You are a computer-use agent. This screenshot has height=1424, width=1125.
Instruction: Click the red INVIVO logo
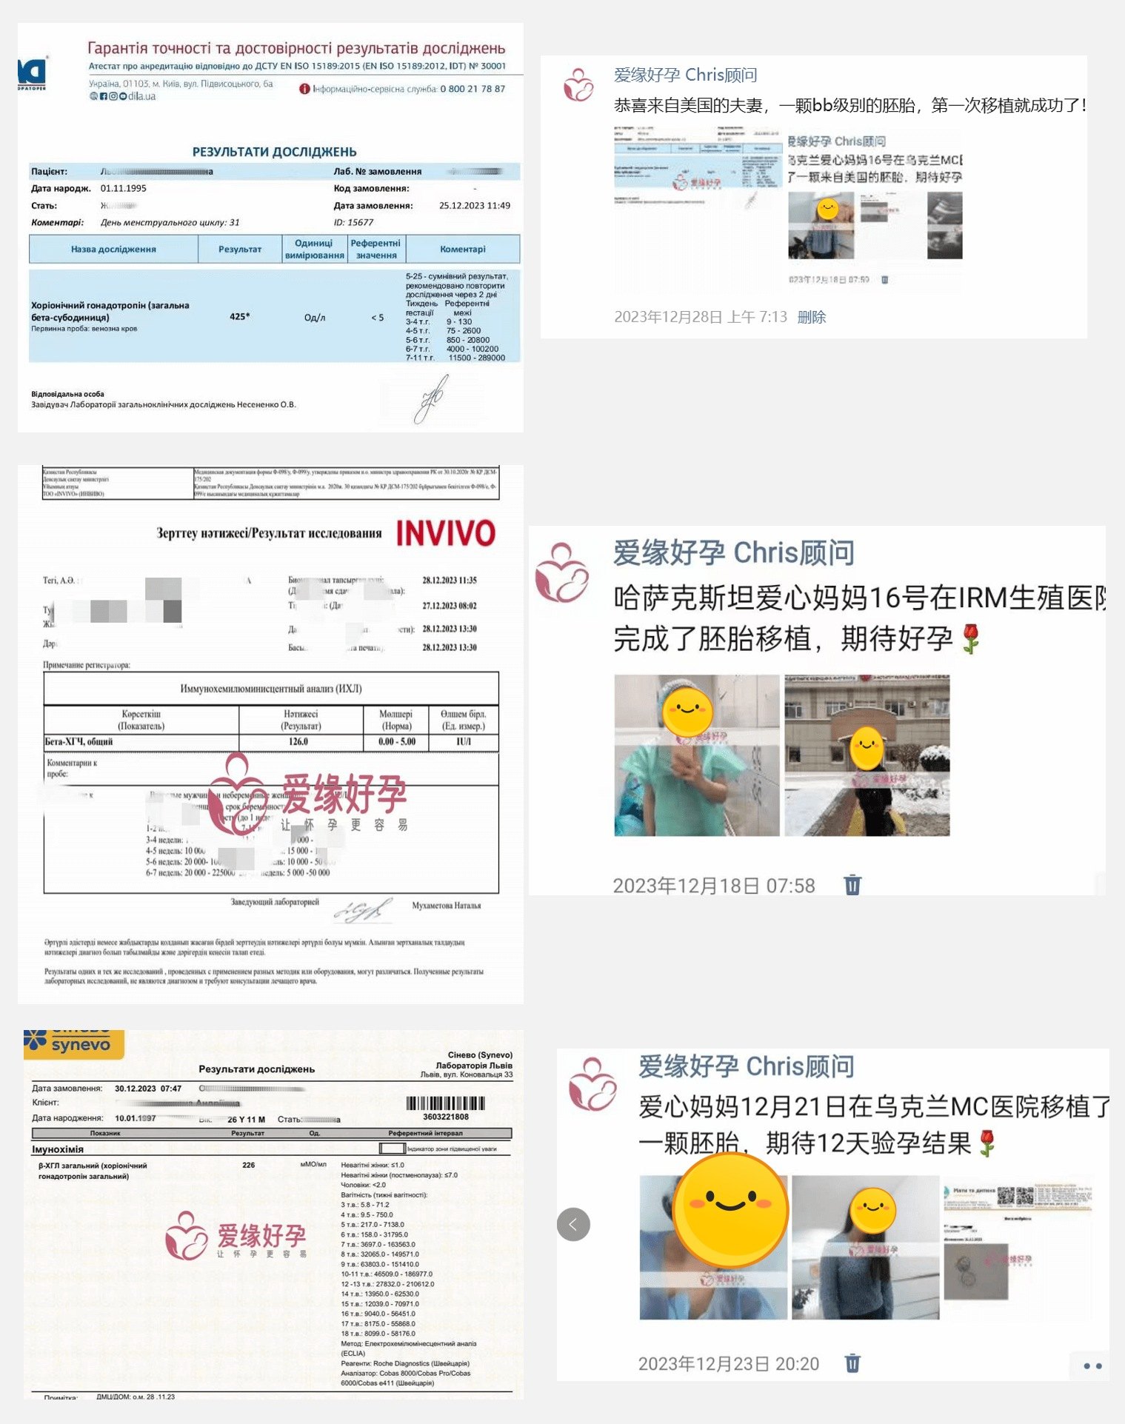pos(445,533)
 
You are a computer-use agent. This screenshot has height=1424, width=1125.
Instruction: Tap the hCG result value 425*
pos(239,317)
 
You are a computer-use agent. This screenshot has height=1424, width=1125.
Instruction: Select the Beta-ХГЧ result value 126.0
pos(298,741)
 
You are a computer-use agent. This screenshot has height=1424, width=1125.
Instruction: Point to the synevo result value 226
pos(248,1165)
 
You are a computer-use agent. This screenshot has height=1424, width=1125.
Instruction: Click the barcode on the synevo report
pos(445,1103)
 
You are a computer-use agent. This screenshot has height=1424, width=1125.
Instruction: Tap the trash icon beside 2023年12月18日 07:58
pos(852,885)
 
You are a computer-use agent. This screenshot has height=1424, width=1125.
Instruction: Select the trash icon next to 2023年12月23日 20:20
pos(852,1363)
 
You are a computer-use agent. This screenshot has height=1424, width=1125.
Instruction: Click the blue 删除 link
pos(812,317)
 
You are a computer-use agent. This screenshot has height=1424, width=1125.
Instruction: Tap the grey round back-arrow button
pos(573,1224)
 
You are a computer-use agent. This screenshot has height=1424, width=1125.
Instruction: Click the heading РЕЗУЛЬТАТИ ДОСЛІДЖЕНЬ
pos(274,152)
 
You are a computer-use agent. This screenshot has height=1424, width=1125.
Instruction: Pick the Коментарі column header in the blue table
pos(463,250)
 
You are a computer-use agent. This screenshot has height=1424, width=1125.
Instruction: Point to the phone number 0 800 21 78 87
pos(473,89)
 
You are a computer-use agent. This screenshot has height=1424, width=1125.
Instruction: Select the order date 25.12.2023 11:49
pos(475,206)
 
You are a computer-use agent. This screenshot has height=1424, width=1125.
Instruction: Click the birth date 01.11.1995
pos(124,189)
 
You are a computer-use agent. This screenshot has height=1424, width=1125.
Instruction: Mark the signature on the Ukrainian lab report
pos(432,398)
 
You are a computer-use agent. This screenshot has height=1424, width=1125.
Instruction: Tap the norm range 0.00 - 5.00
pos(397,741)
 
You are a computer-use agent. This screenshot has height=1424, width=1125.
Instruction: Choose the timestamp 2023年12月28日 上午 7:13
pos(701,317)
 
